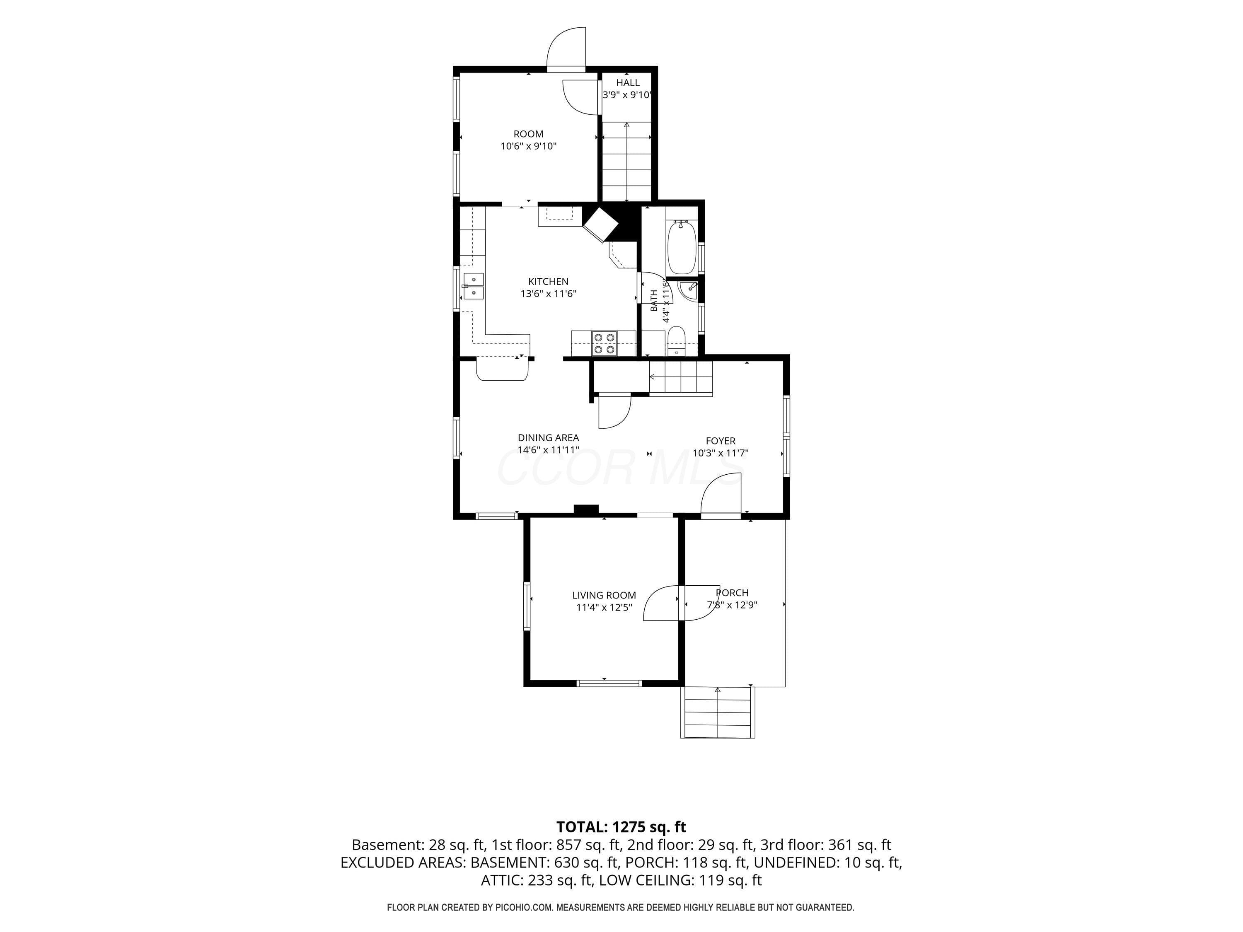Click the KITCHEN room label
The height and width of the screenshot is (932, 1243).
coord(549,281)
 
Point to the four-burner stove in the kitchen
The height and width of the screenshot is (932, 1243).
coord(604,343)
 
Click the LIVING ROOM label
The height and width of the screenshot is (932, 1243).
coord(604,595)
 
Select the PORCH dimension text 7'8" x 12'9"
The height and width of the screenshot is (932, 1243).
coord(732,605)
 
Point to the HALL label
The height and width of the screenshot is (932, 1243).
coord(628,82)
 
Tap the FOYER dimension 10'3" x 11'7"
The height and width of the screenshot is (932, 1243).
coord(721,453)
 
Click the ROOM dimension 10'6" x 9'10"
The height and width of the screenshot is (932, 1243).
coord(529,146)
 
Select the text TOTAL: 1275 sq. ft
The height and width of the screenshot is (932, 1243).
coord(621,827)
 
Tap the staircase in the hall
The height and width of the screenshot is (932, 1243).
coord(626,161)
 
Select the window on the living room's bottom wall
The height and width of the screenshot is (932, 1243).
coord(609,683)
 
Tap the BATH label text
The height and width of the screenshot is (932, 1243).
coord(654,301)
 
